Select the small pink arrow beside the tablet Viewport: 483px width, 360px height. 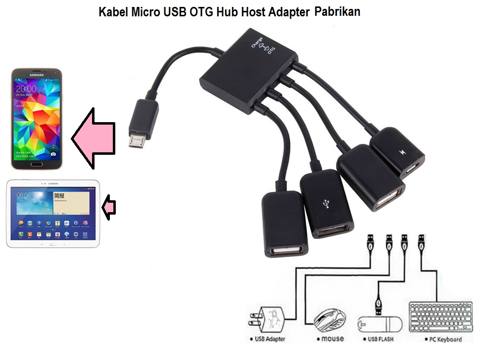coord(109,207)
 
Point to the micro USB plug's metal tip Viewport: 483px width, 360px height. coord(136,140)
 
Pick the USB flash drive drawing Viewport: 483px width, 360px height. coord(380,324)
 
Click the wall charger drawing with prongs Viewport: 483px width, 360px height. coord(268,320)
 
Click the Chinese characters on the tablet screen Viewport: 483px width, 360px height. coord(60,196)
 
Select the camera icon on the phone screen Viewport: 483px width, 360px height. coord(53,154)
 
